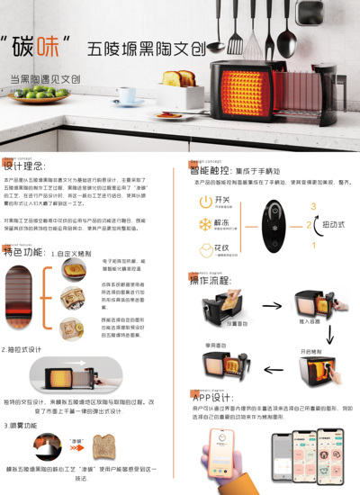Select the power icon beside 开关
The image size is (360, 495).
coord(206,201)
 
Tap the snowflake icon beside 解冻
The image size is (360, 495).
coord(206,224)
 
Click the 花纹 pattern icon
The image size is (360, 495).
coord(206,249)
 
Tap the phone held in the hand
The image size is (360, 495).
coord(221,454)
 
